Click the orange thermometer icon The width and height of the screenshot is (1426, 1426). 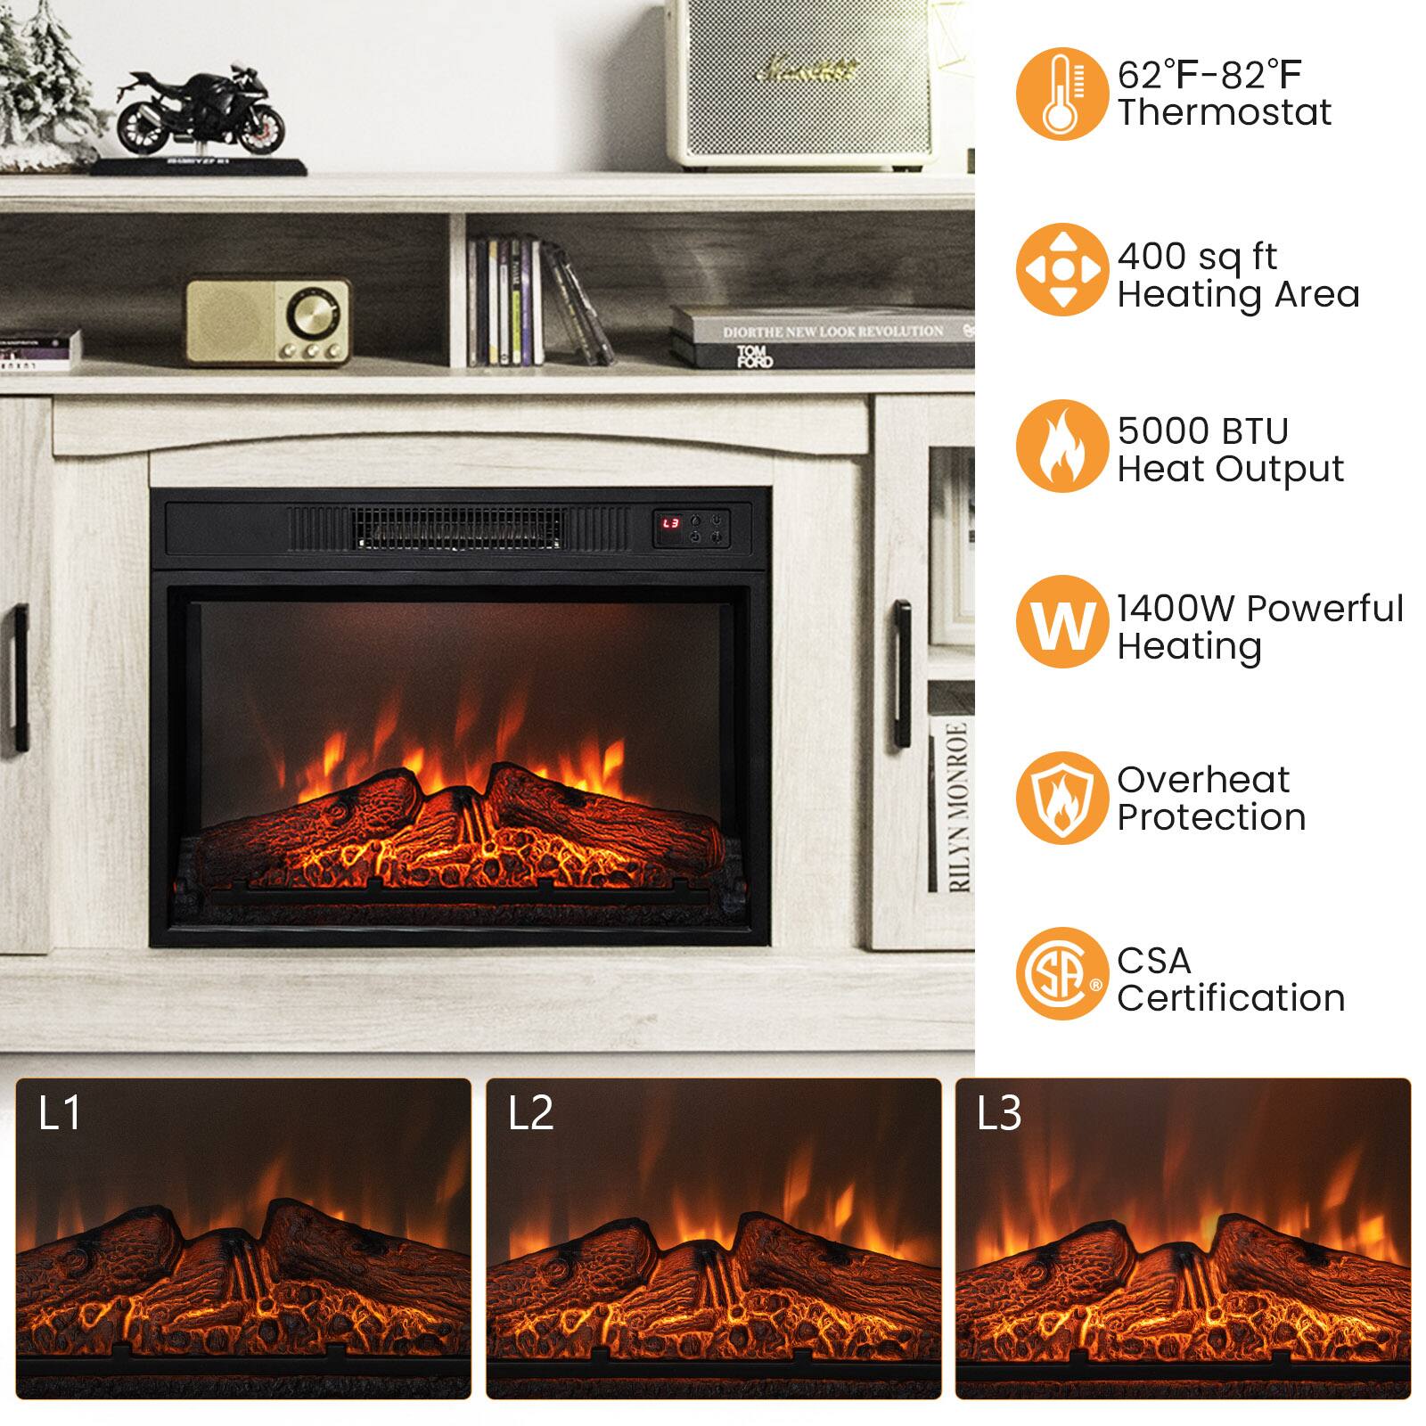(1061, 94)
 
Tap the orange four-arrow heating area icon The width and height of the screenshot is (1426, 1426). (1061, 269)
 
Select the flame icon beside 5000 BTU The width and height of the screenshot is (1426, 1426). (1061, 446)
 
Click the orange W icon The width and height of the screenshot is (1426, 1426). (1061, 622)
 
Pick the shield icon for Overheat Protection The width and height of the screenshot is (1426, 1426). (1061, 798)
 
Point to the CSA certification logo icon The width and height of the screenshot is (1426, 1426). (1061, 973)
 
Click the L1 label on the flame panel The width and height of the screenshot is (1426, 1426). (60, 1113)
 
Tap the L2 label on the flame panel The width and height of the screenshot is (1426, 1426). (530, 1113)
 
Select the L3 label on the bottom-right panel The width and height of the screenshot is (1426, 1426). (999, 1113)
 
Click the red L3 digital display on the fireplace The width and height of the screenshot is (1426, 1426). (670, 524)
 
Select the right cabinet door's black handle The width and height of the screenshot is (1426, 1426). (902, 673)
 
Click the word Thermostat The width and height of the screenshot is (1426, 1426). (1225, 113)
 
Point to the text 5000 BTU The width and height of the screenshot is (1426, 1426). (1203, 431)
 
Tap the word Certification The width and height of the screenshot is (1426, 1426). (1231, 998)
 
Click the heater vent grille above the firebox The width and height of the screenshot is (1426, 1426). (459, 529)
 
